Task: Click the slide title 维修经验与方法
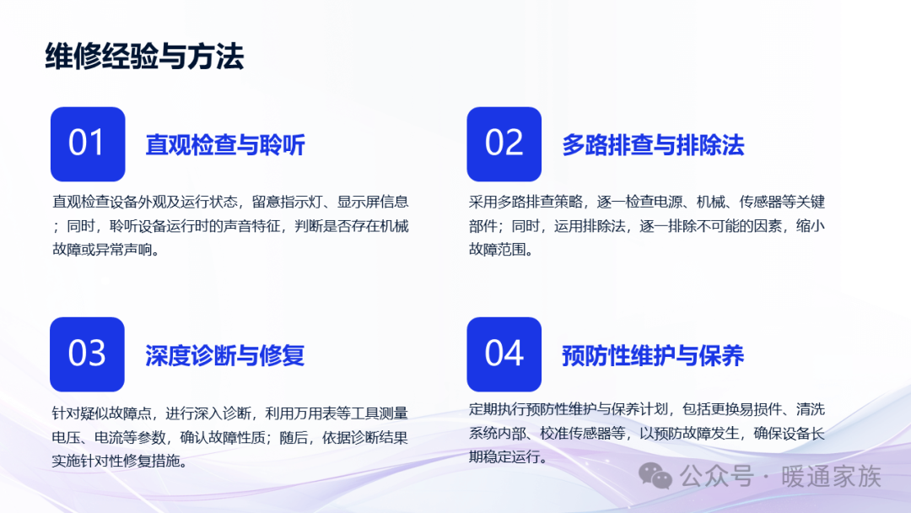145,57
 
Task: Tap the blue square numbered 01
88,144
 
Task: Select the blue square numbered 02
504,144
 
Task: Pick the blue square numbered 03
87,354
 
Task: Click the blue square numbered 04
504,354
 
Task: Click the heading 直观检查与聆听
225,145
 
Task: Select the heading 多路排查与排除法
653,145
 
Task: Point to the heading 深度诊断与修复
225,355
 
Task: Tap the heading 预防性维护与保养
653,355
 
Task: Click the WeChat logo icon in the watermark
655,477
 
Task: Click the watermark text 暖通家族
832,477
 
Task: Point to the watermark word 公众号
717,477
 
